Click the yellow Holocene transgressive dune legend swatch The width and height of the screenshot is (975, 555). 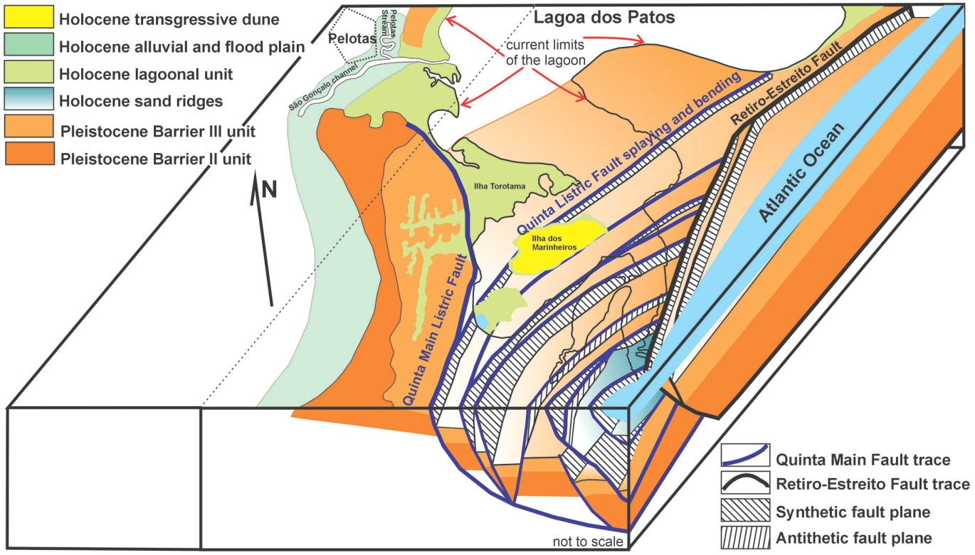[29, 16]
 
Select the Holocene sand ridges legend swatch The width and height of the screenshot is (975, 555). [29, 98]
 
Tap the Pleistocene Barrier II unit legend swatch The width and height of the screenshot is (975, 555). [30, 154]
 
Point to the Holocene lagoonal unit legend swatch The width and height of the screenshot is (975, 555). [29, 71]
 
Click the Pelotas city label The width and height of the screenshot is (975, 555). [352, 38]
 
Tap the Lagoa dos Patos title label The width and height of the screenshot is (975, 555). [604, 17]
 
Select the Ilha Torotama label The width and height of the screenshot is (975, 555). [500, 186]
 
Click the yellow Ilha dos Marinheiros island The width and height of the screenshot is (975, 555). [557, 247]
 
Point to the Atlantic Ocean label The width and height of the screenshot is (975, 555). [801, 172]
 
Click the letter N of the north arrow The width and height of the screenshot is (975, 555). [269, 190]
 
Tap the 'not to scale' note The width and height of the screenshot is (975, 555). [588, 541]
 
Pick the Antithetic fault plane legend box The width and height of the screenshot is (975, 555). [745, 538]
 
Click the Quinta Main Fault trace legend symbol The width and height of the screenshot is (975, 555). [745, 455]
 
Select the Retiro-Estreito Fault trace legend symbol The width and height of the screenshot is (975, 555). [745, 482]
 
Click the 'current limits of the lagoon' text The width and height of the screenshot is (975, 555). [545, 52]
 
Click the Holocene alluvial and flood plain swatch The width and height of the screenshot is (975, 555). [29, 44]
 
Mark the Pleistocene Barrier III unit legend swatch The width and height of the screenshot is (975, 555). [29, 126]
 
